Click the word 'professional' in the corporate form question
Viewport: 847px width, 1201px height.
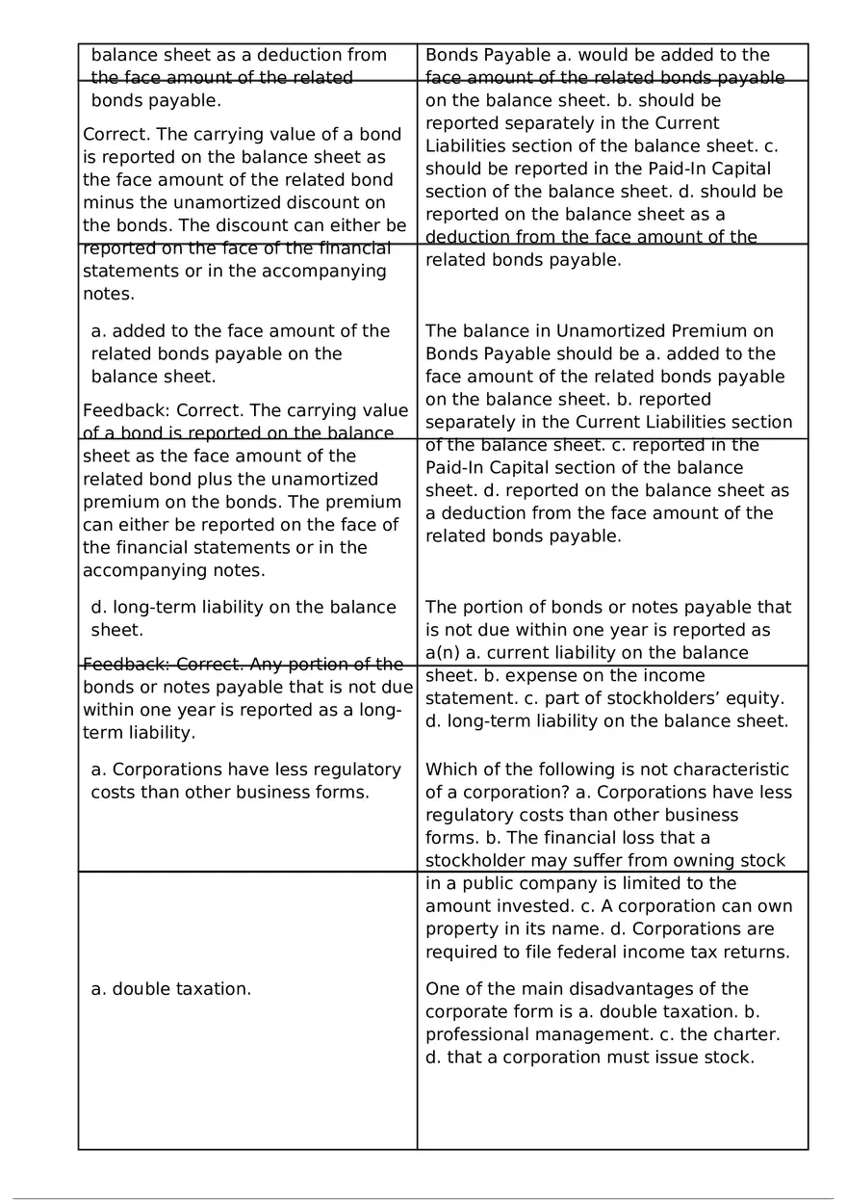pyautogui.click(x=474, y=1035)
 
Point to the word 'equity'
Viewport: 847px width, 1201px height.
pyautogui.click(x=756, y=698)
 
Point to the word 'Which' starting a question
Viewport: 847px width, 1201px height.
pyautogui.click(x=450, y=770)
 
